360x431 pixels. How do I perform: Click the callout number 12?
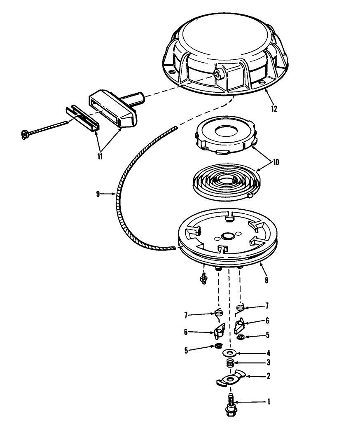(x=274, y=109)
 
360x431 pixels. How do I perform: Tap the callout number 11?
(x=100, y=157)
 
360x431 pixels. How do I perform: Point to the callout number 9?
(x=98, y=194)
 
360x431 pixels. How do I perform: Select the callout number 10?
(x=276, y=162)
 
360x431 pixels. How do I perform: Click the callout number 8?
(x=266, y=281)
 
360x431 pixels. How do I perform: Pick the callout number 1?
(x=269, y=402)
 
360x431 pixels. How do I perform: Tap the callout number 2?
(x=269, y=376)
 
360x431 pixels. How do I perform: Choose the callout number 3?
(x=269, y=363)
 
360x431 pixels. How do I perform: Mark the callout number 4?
(x=269, y=353)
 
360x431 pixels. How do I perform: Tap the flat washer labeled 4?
(x=229, y=352)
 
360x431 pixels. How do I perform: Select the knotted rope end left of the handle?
(x=24, y=135)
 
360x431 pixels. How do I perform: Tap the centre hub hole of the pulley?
(x=227, y=236)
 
